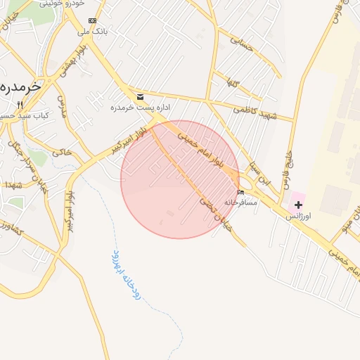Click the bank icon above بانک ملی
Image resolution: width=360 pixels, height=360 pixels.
click(92, 21)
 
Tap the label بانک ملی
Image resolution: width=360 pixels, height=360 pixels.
click(92, 31)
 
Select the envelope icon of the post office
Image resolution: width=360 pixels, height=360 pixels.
click(140, 96)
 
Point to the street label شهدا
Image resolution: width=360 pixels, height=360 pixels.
click(13, 184)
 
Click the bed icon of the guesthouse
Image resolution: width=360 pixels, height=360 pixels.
click(241, 193)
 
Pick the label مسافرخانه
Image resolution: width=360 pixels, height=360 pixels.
click(240, 202)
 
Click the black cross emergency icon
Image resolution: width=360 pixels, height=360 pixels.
click(298, 205)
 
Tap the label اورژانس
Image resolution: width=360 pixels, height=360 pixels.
click(297, 217)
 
